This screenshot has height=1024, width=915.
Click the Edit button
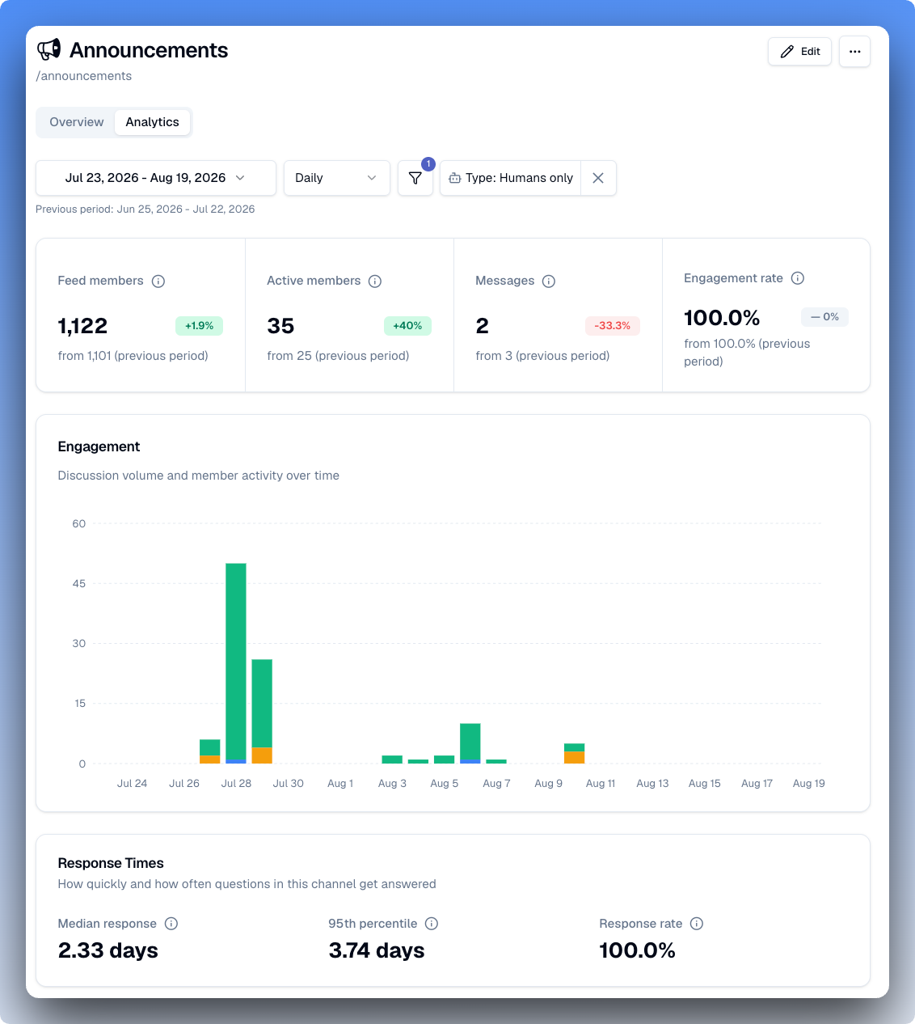point(799,52)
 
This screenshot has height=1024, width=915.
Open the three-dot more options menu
point(854,52)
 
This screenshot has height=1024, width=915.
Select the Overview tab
point(76,122)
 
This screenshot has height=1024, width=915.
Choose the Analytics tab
point(152,122)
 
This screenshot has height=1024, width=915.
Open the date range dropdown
point(156,178)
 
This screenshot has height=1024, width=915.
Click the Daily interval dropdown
point(336,178)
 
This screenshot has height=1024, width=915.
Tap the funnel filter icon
point(415,178)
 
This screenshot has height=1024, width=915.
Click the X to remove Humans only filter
point(598,178)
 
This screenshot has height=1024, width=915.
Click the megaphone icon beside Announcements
point(49,49)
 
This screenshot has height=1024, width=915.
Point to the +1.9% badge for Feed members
point(199,326)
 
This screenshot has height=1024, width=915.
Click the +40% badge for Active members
point(407,326)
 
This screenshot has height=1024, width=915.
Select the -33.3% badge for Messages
point(613,326)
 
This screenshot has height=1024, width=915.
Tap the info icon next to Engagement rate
point(797,278)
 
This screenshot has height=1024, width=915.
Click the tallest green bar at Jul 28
point(236,661)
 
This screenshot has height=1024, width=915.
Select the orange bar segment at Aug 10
point(574,757)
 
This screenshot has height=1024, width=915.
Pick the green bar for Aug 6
point(470,742)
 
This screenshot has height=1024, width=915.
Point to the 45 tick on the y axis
point(79,583)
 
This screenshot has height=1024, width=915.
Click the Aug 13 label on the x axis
point(652,784)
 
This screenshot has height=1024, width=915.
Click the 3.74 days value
point(377,950)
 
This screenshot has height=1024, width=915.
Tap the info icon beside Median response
point(171,924)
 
